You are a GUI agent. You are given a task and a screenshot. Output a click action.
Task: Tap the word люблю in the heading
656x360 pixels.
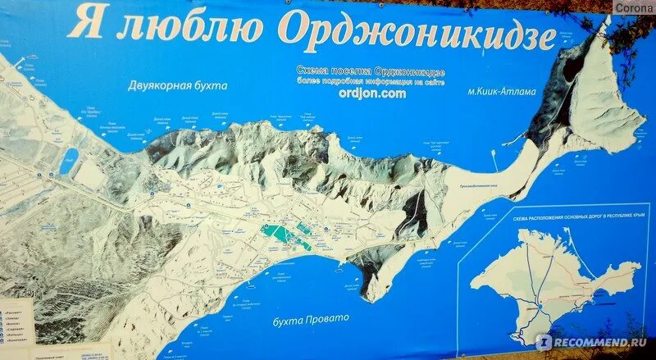click(189, 27)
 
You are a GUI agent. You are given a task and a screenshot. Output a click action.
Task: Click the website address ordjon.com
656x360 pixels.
click(371, 93)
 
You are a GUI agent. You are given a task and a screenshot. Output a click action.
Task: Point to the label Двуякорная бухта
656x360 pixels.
click(176, 84)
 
